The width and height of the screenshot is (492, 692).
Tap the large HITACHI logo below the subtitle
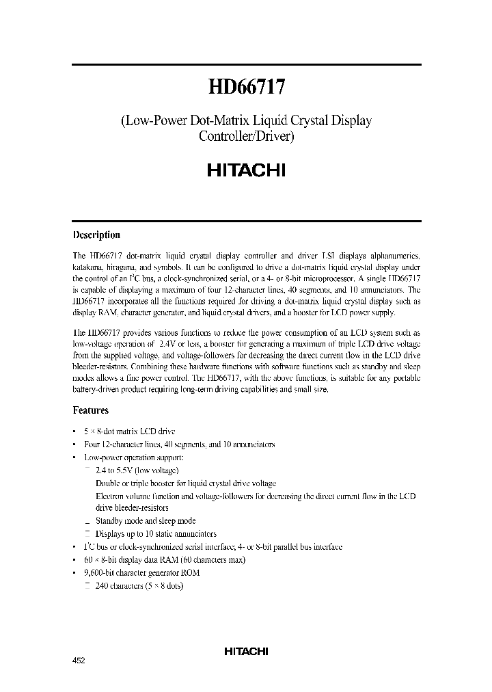coord(246,170)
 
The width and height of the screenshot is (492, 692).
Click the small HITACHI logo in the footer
coord(246,652)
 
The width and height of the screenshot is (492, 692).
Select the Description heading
coord(96,235)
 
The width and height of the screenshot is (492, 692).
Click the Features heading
coord(91,410)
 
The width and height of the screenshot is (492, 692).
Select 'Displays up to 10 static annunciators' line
coord(156,533)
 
